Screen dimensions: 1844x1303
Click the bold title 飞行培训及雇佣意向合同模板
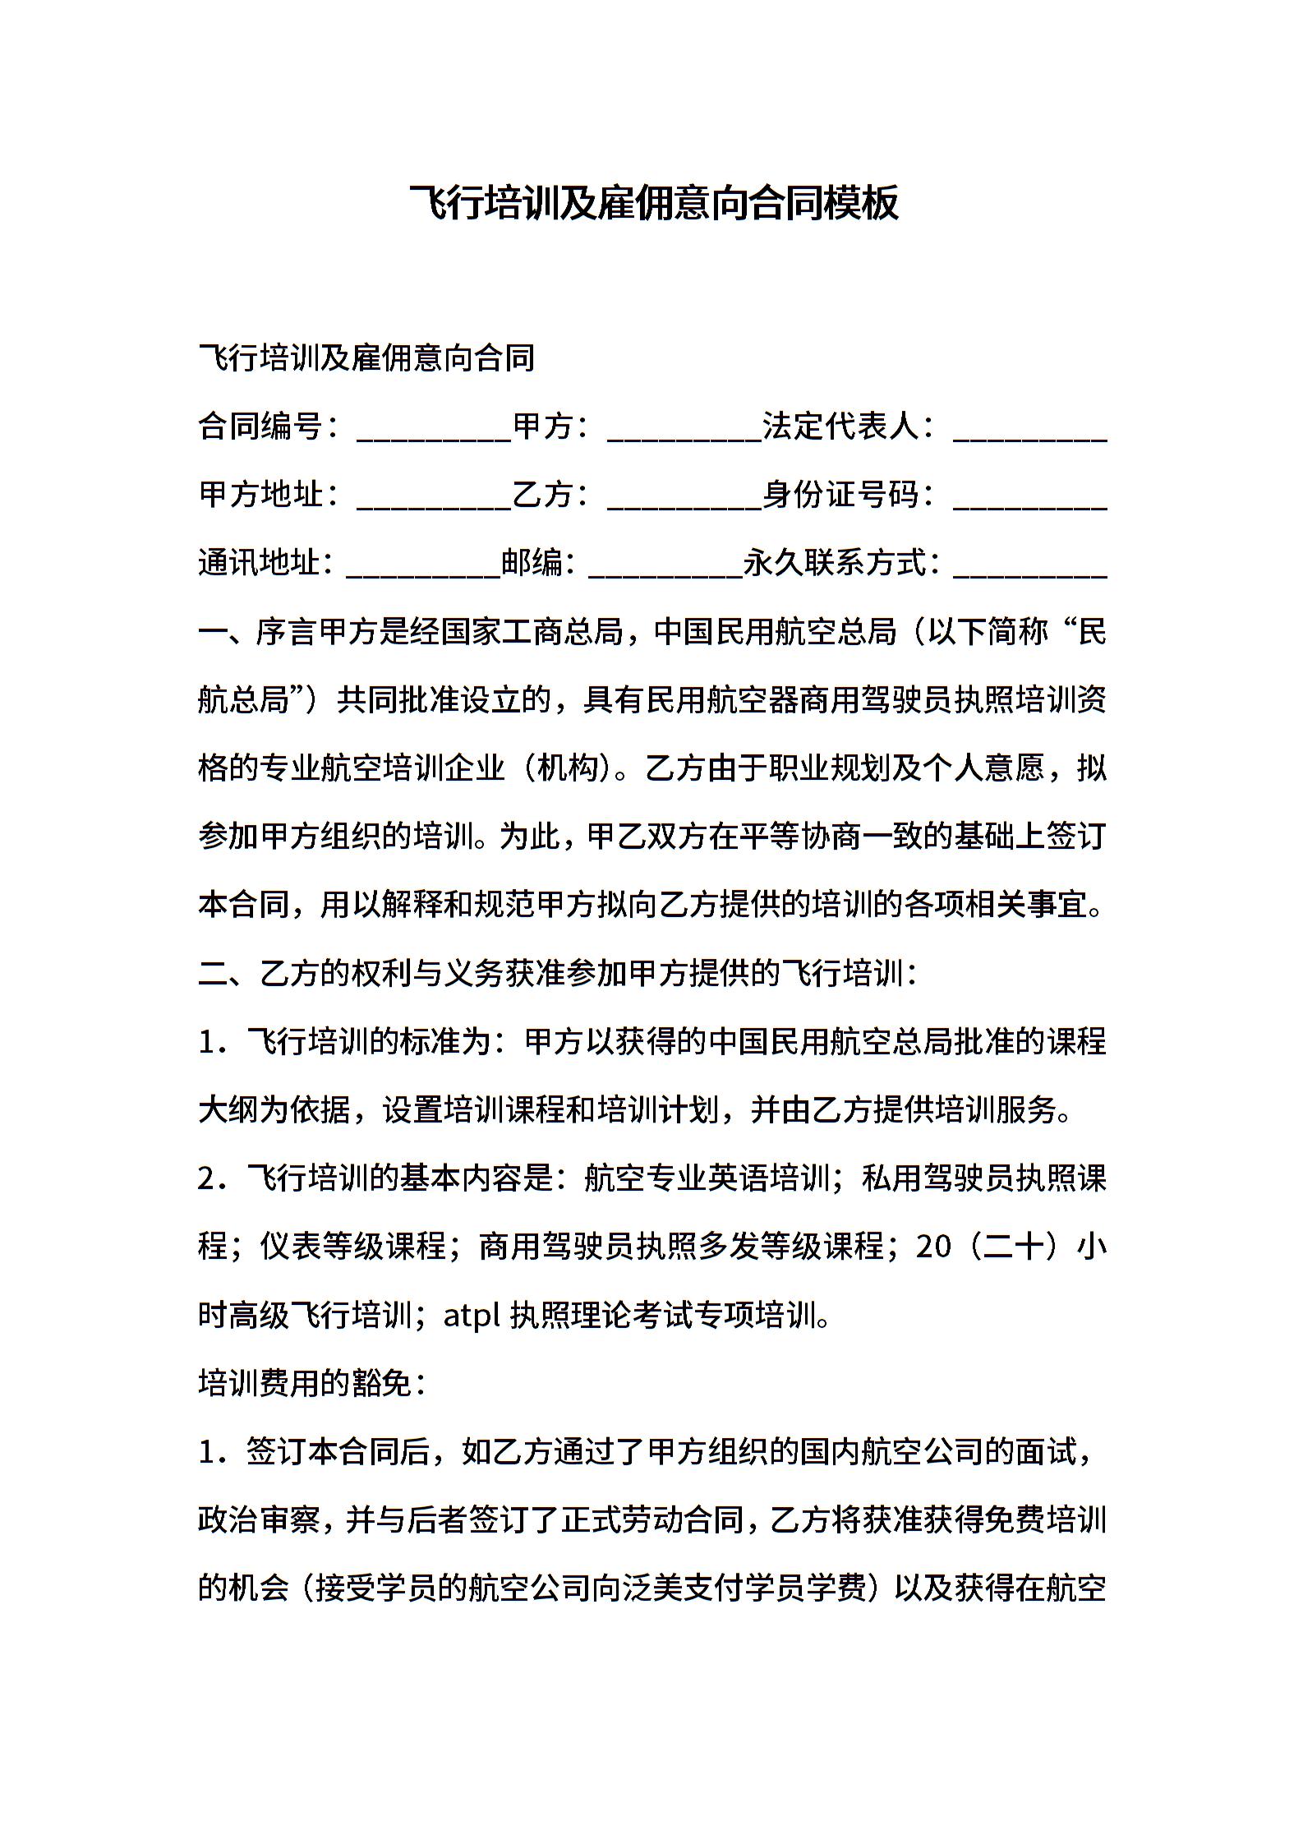(654, 202)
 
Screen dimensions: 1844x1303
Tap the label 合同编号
(260, 426)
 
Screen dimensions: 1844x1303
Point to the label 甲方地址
(260, 495)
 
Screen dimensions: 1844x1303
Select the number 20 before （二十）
(932, 1247)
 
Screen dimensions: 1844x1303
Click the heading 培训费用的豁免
(304, 1384)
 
